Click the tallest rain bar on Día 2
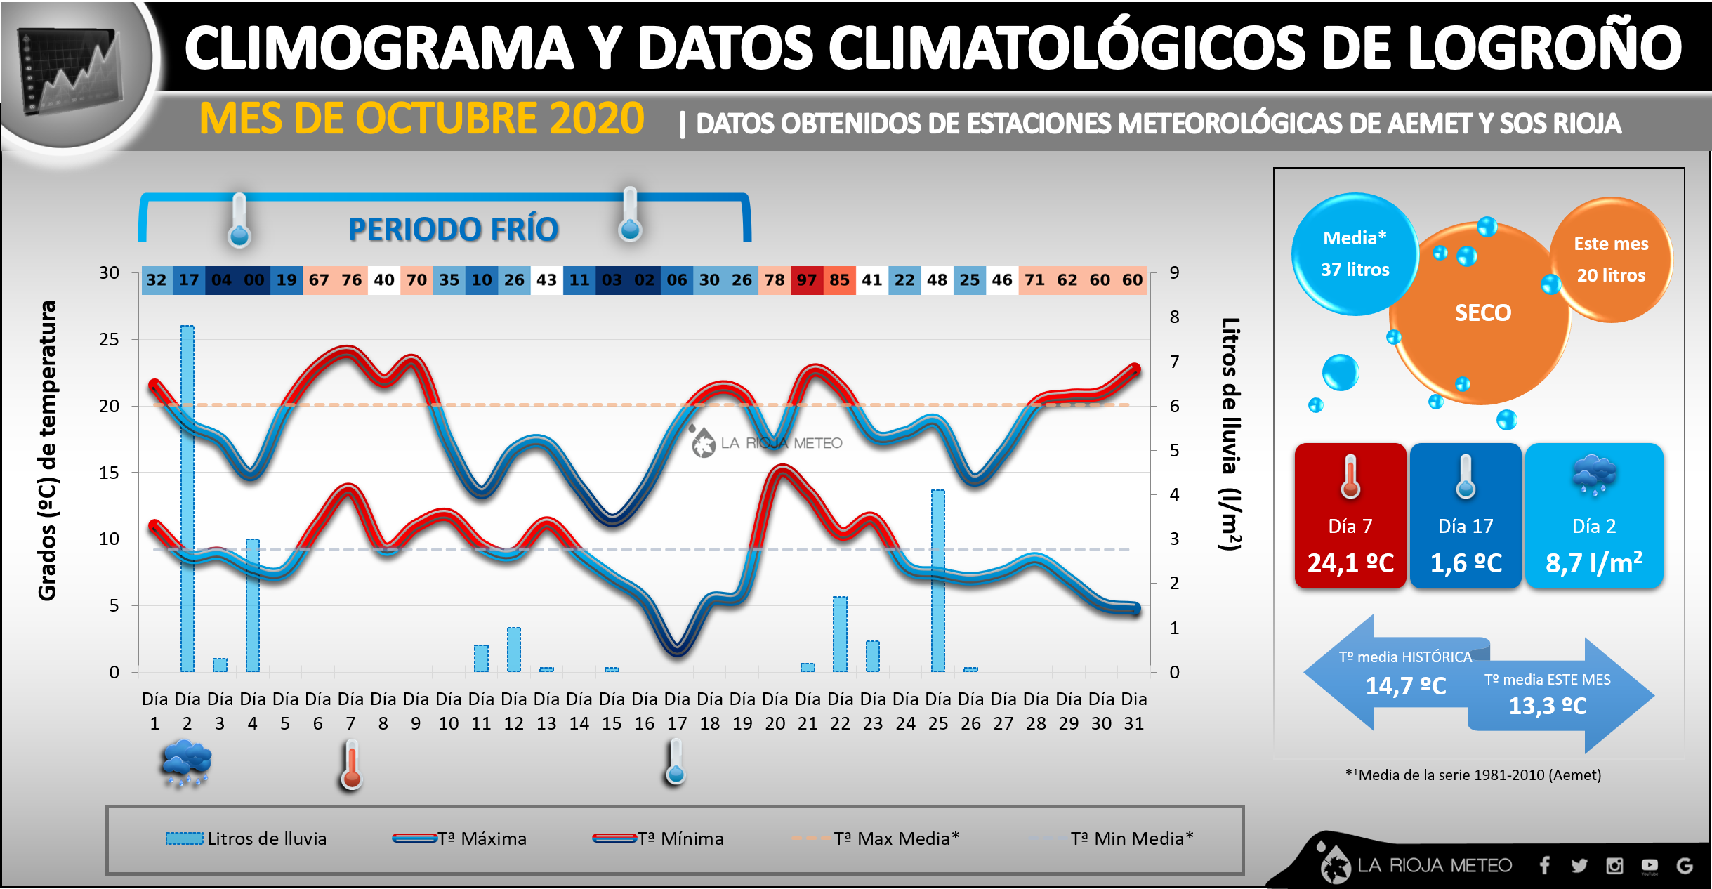pyautogui.click(x=187, y=499)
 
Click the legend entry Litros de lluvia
pyautogui.click(x=246, y=838)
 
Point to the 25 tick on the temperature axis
pyautogui.click(x=109, y=340)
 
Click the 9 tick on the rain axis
pyautogui.click(x=1174, y=272)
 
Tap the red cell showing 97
pyautogui.click(x=807, y=280)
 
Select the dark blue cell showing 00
pyautogui.click(x=254, y=280)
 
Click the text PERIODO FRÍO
pyautogui.click(x=453, y=230)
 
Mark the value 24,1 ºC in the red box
pyautogui.click(x=1350, y=563)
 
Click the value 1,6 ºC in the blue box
pyautogui.click(x=1466, y=563)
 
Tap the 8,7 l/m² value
pyautogui.click(x=1593, y=563)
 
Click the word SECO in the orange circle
pyautogui.click(x=1482, y=313)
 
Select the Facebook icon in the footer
pyautogui.click(x=1544, y=866)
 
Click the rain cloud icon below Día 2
pyautogui.click(x=186, y=763)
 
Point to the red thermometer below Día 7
pyautogui.click(x=352, y=765)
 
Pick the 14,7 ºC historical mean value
pyautogui.click(x=1405, y=686)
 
